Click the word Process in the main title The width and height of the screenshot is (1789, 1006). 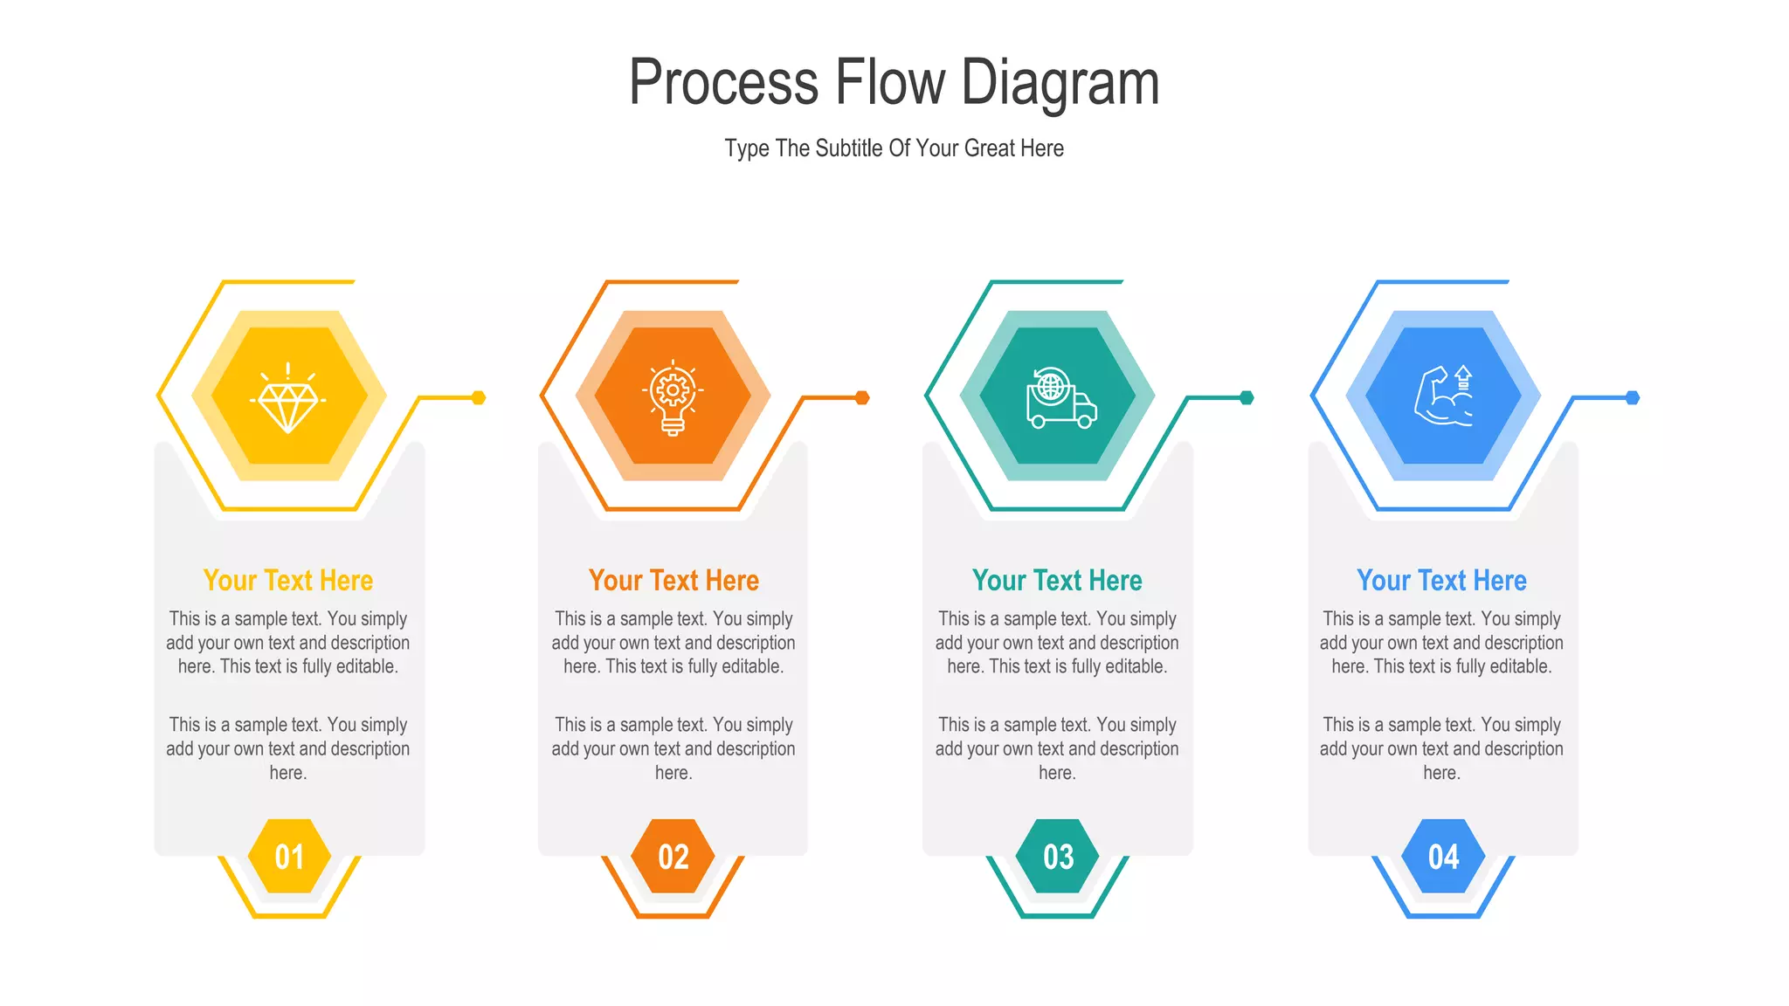(x=723, y=82)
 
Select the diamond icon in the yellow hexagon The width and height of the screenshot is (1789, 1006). (x=288, y=397)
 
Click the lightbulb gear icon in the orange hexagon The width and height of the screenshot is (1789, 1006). (x=673, y=397)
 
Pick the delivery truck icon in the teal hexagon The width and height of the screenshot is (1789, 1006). (x=1059, y=398)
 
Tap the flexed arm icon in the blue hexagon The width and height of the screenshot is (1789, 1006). (x=1443, y=396)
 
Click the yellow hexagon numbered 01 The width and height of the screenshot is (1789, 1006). (x=289, y=857)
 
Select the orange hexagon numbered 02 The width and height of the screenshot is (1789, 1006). (x=673, y=857)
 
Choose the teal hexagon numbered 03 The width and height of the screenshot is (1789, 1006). (x=1058, y=857)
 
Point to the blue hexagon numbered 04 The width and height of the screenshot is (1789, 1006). (x=1443, y=857)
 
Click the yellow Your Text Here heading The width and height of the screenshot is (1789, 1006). (x=288, y=581)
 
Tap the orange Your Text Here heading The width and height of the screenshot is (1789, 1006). (x=673, y=581)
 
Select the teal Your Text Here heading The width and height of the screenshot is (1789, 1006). (x=1057, y=581)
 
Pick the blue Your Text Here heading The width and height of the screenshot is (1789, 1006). (x=1441, y=581)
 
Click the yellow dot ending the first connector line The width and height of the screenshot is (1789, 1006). (x=479, y=398)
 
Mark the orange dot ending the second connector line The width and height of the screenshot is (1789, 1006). (x=862, y=398)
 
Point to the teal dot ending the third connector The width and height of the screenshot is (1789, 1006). (x=1247, y=398)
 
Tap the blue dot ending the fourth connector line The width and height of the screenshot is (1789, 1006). (x=1633, y=398)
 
